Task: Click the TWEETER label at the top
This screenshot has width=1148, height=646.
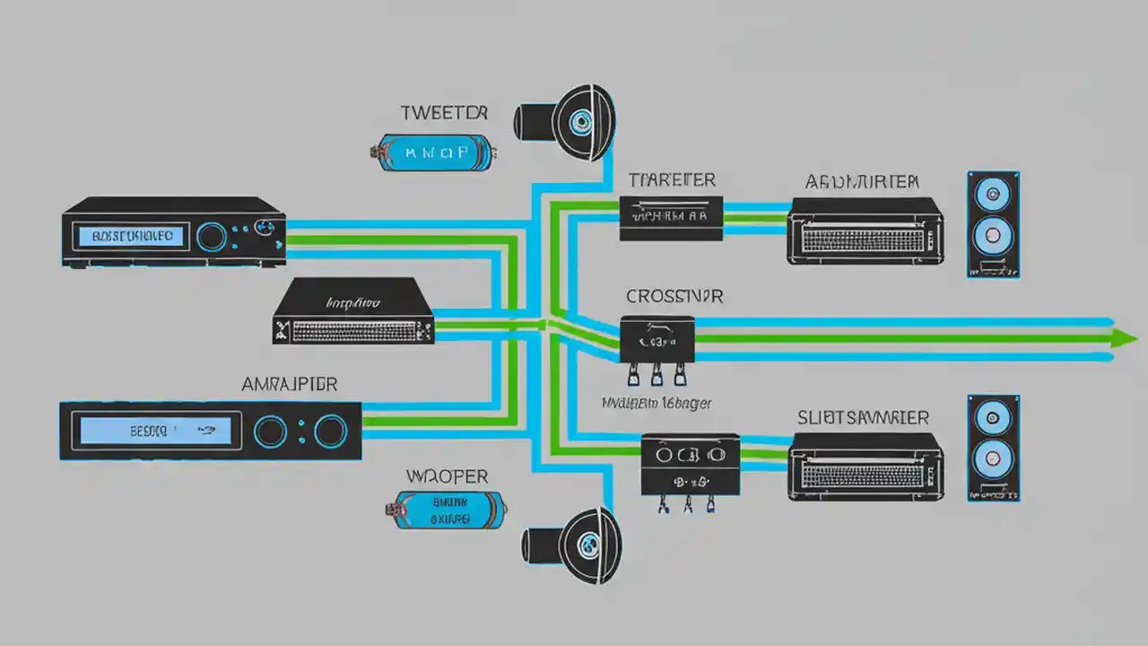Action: point(444,113)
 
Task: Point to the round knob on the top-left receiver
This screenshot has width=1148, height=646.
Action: point(212,237)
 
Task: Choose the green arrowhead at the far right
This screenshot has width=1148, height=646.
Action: point(1123,338)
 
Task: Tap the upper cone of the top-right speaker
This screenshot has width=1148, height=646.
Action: point(993,193)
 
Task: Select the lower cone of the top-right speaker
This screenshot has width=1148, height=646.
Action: point(993,235)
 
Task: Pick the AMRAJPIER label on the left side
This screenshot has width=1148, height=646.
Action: point(290,384)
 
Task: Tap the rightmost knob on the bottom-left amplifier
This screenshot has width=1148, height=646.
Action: point(329,432)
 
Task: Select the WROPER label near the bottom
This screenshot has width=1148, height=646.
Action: point(446,476)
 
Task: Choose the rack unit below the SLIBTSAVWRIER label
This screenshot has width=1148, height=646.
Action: point(865,466)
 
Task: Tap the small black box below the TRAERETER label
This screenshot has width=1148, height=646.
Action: point(670,218)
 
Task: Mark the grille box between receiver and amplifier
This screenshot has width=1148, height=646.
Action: point(353,311)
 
